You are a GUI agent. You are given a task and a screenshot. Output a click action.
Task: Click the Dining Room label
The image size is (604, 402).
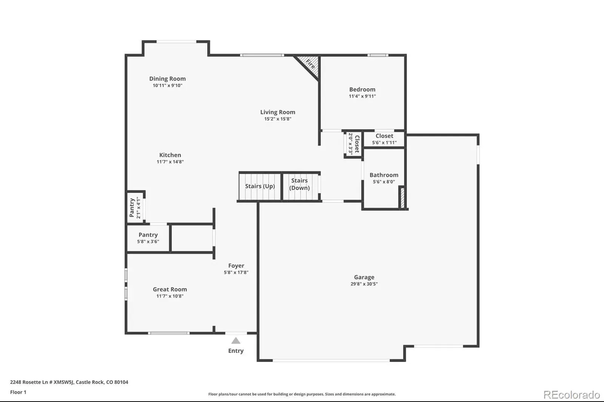tap(168, 79)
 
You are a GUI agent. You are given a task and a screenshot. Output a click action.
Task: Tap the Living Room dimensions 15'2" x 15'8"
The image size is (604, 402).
tap(278, 119)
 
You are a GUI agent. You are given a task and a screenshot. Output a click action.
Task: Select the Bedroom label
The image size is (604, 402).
tap(362, 89)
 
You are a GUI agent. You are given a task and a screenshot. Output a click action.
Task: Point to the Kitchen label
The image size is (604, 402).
tap(170, 155)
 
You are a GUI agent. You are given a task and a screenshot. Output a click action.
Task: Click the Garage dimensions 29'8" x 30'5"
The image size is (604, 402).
tap(364, 284)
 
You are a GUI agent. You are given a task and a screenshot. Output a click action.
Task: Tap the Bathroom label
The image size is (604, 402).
tap(384, 175)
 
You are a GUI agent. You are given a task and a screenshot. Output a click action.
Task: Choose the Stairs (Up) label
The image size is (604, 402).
tap(260, 186)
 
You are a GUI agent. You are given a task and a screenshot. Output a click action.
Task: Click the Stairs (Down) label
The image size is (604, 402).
tap(299, 184)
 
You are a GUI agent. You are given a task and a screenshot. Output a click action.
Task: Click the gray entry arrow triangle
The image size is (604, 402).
tap(236, 341)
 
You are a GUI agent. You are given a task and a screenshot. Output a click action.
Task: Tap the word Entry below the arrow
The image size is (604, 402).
tap(236, 351)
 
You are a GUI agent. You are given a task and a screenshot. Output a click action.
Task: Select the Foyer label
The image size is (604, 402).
tap(236, 265)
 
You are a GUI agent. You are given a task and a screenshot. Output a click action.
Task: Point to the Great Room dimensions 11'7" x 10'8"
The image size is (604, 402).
tap(170, 296)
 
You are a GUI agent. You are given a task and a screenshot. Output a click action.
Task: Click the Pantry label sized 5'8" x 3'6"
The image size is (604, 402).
tap(148, 235)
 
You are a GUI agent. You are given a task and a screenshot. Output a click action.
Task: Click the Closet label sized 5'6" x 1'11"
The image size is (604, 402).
tap(384, 136)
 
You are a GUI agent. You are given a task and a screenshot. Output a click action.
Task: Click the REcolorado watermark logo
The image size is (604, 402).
tap(572, 395)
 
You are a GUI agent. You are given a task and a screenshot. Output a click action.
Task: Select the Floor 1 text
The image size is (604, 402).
tap(18, 392)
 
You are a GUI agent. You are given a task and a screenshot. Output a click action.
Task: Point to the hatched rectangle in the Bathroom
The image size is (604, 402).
tap(402, 198)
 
